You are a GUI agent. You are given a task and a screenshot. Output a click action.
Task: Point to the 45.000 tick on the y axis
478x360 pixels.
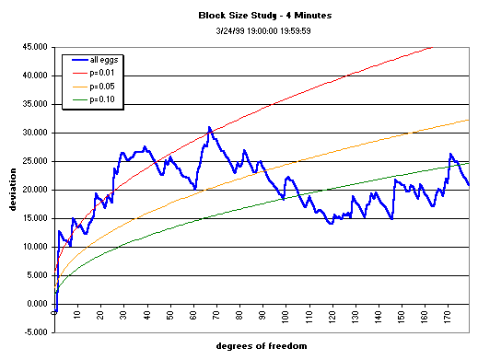click(x=36, y=47)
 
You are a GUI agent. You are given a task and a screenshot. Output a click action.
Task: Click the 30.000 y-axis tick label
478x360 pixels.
click(x=36, y=133)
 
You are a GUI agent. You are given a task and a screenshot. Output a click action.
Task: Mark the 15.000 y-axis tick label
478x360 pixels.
click(x=36, y=218)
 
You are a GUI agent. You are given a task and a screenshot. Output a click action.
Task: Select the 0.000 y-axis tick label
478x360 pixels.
click(x=39, y=304)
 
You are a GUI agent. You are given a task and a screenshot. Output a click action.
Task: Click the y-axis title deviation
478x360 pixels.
click(x=13, y=189)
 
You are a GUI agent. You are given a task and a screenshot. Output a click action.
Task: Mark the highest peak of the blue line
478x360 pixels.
click(x=209, y=127)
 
